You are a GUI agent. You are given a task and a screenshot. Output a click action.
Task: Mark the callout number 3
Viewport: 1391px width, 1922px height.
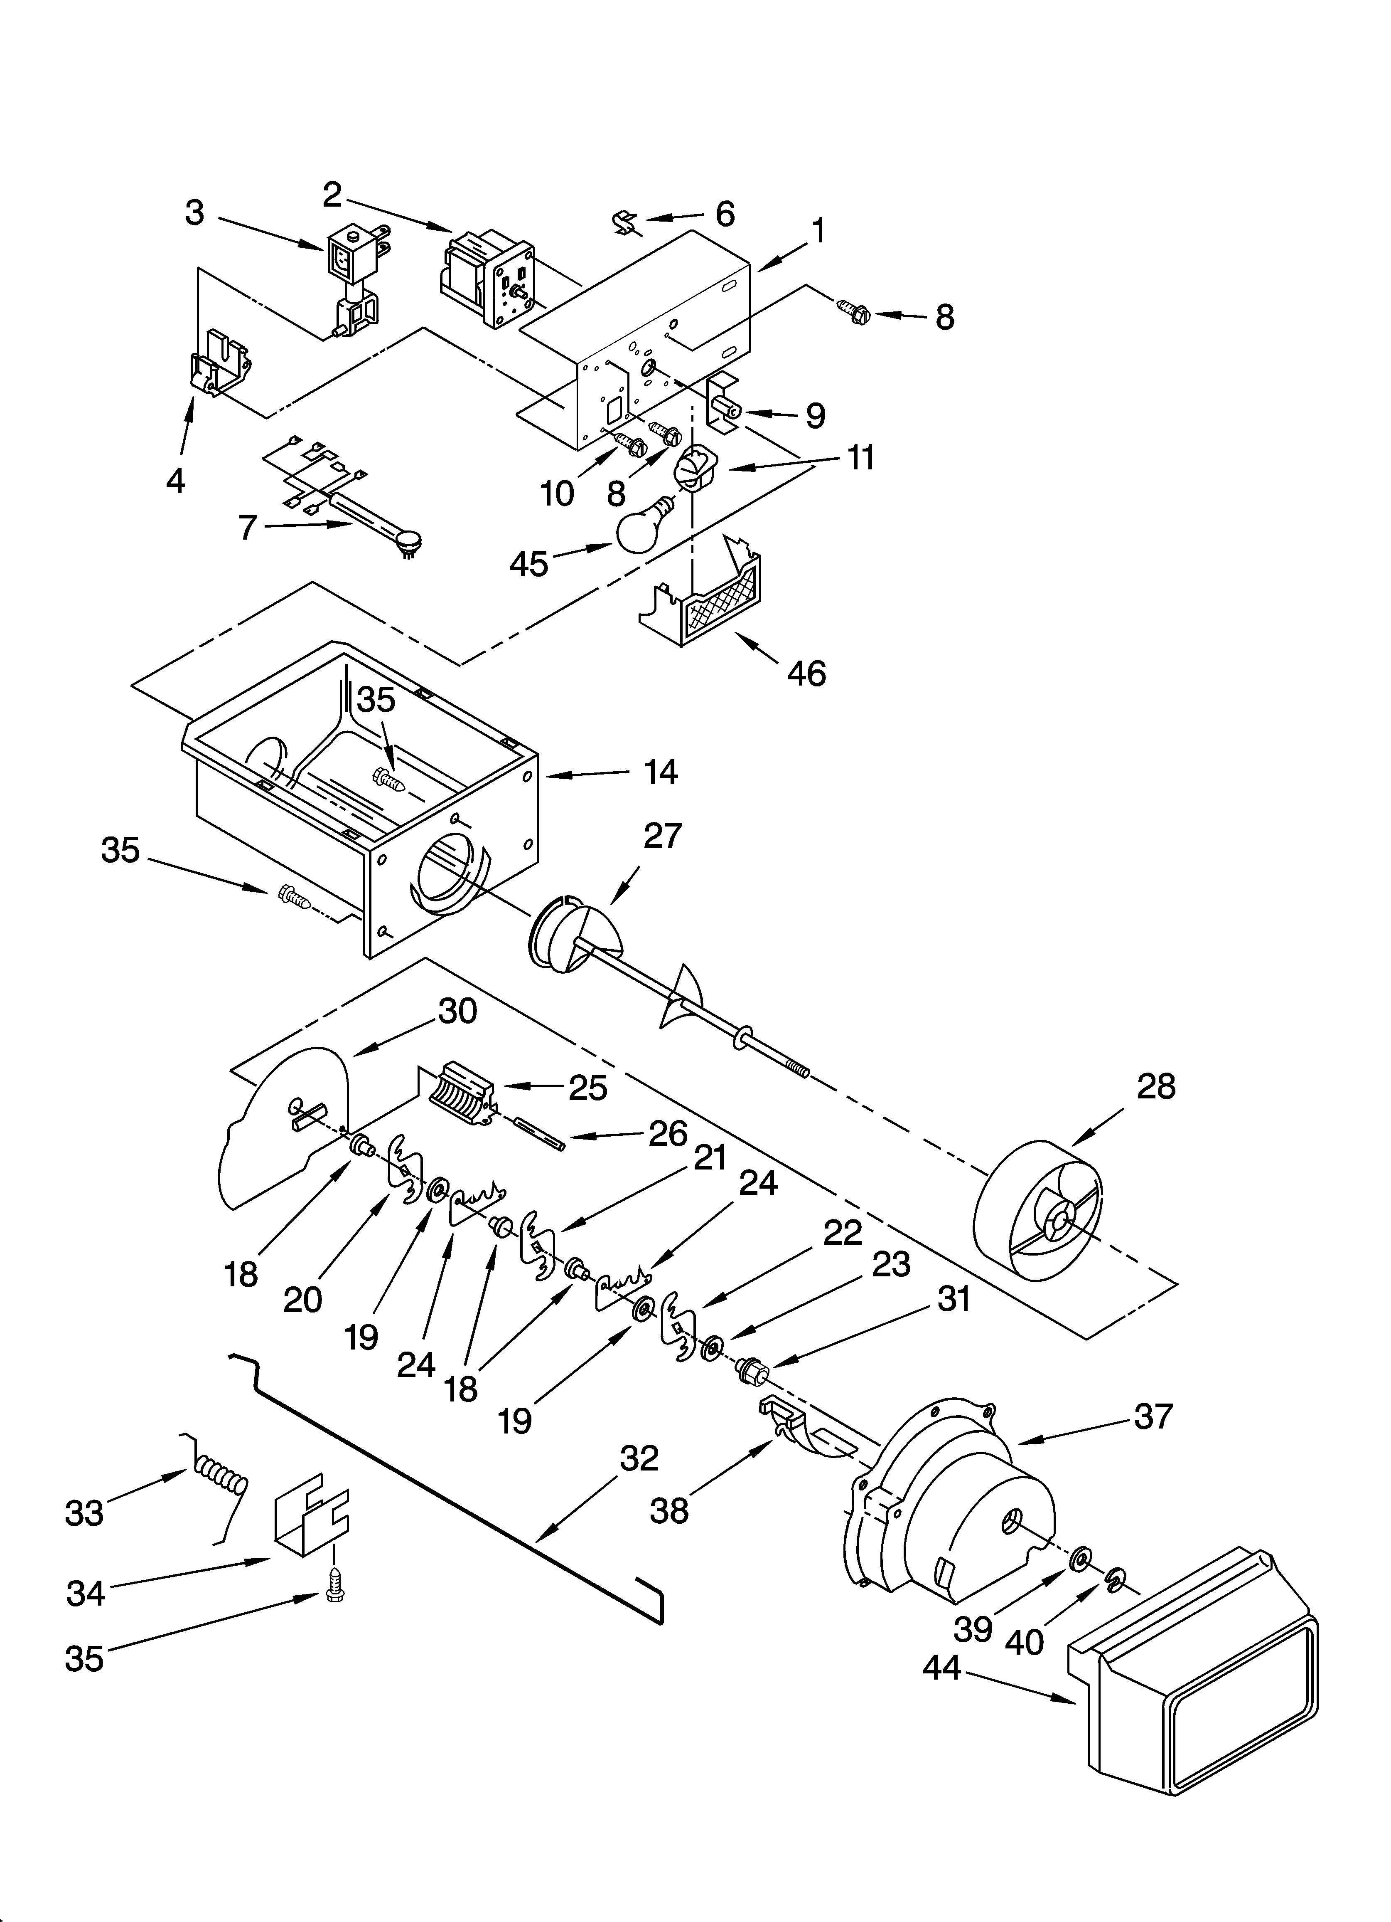tap(195, 213)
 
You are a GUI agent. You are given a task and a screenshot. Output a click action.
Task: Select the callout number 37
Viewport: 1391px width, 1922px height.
tap(1153, 1416)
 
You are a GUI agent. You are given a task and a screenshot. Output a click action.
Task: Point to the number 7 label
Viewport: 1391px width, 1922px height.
tap(247, 527)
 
